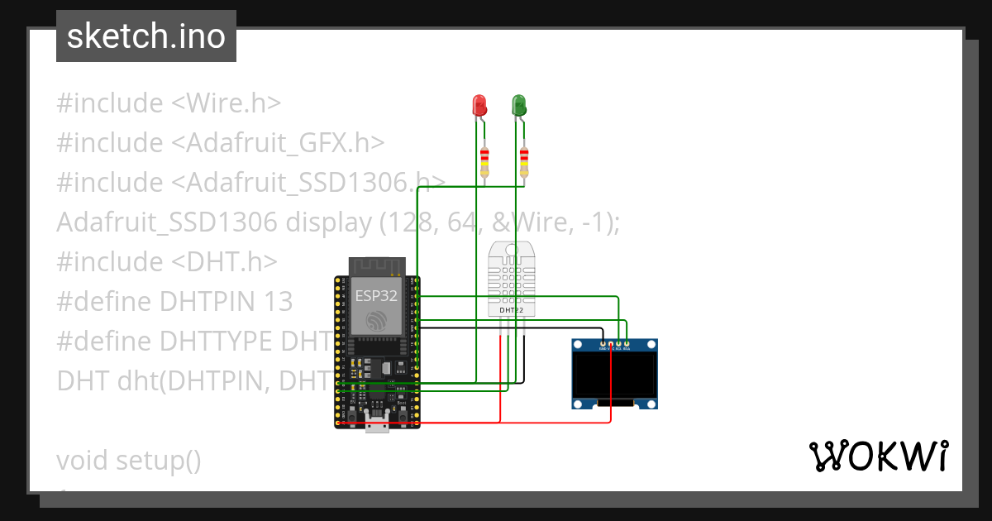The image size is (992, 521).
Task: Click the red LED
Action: [479, 105]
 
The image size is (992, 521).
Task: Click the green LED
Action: [519, 105]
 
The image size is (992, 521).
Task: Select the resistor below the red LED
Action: [484, 161]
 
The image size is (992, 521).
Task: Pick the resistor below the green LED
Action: [524, 161]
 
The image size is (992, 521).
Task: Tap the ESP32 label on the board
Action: [376, 295]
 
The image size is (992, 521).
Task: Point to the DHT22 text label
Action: [512, 311]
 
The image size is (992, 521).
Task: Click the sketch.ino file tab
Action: [146, 36]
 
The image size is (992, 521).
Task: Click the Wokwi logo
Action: [878, 456]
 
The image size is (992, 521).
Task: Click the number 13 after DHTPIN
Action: [278, 302]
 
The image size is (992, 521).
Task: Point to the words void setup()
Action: [129, 460]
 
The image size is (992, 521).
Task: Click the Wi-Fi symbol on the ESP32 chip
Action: [377, 321]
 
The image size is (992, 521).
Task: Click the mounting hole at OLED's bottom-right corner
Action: [651, 403]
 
